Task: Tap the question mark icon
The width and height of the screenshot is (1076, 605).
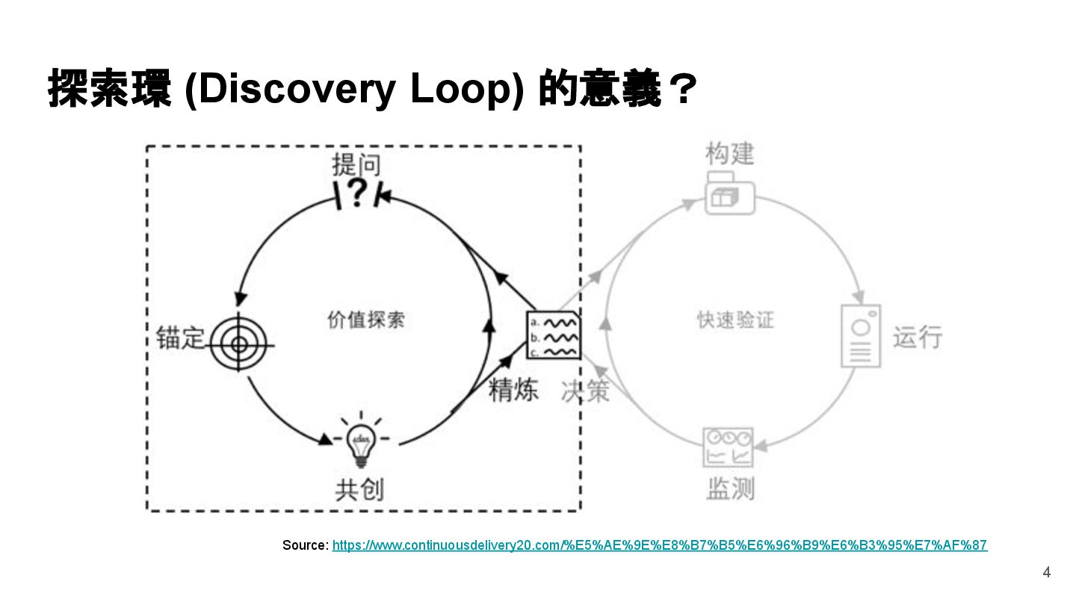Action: [359, 194]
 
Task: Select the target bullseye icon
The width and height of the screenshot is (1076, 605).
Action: [239, 344]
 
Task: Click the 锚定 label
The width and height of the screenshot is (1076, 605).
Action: [180, 337]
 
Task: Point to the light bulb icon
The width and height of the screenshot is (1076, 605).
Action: [361, 441]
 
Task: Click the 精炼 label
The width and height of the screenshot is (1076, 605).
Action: [513, 389]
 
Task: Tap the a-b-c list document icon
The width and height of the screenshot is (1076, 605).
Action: [553, 335]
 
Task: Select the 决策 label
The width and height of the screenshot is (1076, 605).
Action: [585, 389]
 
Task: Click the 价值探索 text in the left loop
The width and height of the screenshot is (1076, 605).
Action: [366, 320]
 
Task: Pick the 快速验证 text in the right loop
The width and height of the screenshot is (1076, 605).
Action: [735, 320]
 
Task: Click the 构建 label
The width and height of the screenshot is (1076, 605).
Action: [729, 154]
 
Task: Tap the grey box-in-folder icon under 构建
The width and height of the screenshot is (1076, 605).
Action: [729, 193]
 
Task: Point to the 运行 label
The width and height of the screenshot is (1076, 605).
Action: [918, 337]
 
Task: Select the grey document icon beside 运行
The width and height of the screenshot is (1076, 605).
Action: [861, 336]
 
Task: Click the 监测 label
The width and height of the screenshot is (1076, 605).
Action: [730, 488]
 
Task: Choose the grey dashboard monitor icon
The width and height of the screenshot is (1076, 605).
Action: [729, 447]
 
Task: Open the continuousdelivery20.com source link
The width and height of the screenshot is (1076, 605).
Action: [659, 545]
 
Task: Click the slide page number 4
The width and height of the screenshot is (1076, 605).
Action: [1046, 573]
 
